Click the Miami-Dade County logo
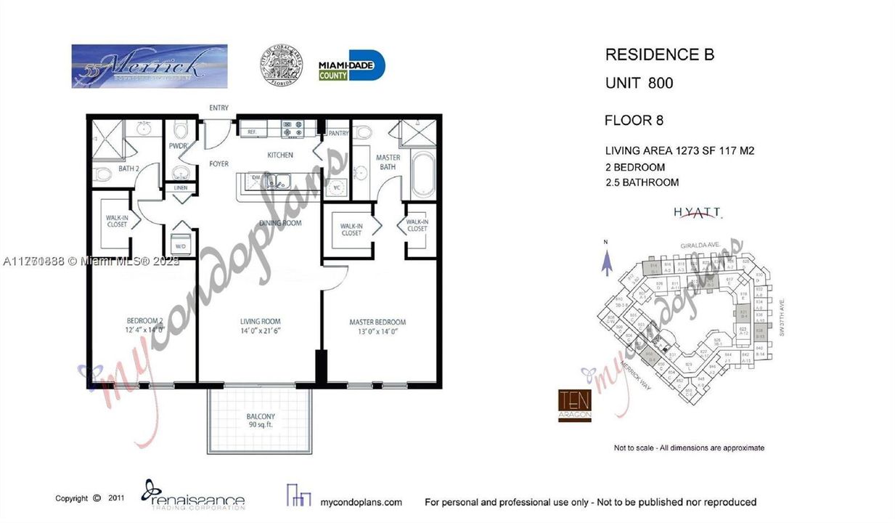click(351, 66)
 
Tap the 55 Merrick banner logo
click(149, 66)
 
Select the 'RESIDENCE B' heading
click(659, 54)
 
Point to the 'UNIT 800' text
click(639, 83)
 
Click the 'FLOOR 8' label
click(634, 121)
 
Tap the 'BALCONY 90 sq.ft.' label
click(260, 421)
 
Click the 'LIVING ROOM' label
click(260, 325)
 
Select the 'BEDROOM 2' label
click(144, 325)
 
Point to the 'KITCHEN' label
click(280, 155)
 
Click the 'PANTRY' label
click(338, 133)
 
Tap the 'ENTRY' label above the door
click(218, 108)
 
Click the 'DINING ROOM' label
click(280, 223)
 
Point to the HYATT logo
click(697, 212)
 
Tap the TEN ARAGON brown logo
click(574, 405)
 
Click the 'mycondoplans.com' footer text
click(361, 502)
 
